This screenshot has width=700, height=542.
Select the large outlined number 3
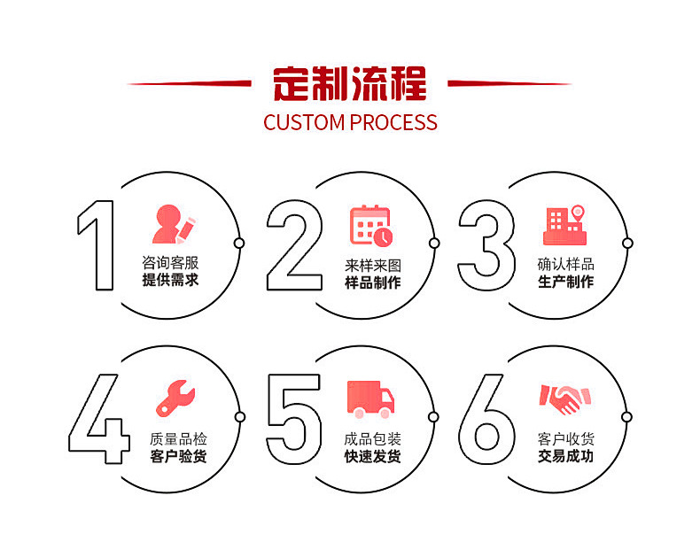coord(486,245)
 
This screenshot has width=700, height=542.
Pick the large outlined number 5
coord(294,418)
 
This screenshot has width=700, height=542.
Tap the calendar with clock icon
coord(371,225)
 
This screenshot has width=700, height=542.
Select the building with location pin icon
coord(565,225)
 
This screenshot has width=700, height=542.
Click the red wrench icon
coord(175,399)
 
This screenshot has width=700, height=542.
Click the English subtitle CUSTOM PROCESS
coord(350,122)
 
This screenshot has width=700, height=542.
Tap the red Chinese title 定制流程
coord(350,84)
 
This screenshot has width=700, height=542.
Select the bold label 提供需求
coord(170,282)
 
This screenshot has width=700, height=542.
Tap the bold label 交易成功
coord(565,457)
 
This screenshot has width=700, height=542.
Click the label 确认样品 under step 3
coord(565,264)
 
